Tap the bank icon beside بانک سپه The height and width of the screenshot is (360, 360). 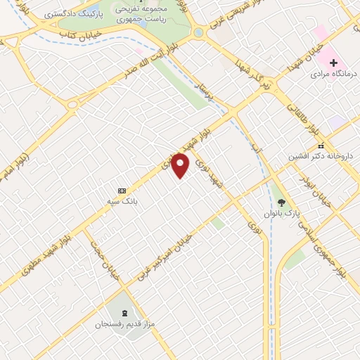tap(122, 191)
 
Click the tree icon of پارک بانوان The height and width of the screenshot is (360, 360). tap(282, 202)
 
